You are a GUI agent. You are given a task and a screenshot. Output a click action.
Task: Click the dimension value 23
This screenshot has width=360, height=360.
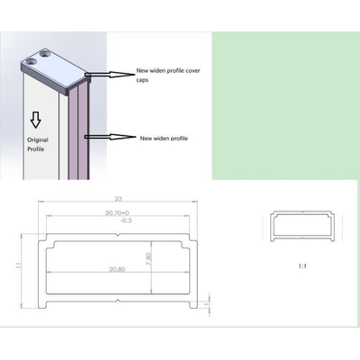tap(118, 197)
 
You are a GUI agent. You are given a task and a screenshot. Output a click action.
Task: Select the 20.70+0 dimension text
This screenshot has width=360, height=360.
tap(118, 211)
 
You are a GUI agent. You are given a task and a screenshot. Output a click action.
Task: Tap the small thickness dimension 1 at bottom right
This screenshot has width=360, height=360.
tap(208, 303)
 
